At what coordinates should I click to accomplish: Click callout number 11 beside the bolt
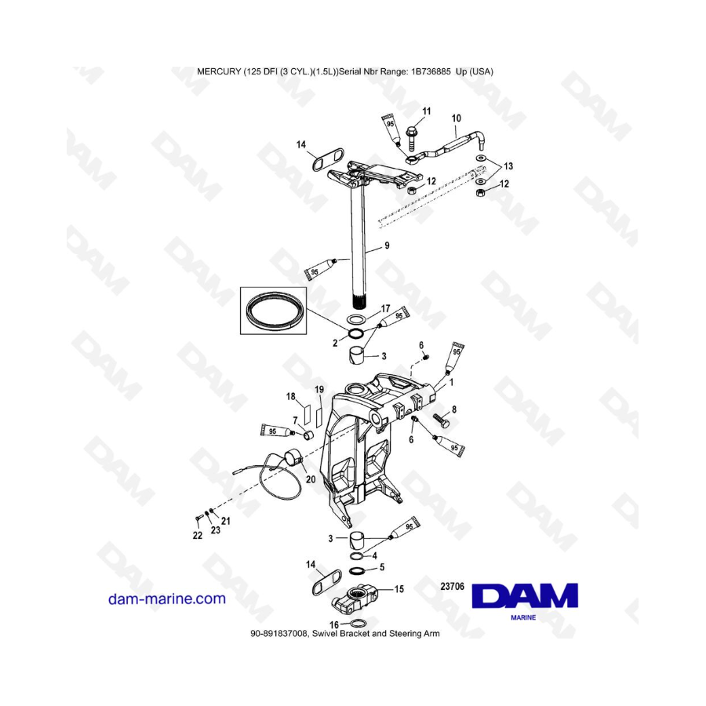[426, 111]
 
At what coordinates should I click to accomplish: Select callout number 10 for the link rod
[457, 119]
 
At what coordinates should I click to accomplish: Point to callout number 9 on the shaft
[386, 246]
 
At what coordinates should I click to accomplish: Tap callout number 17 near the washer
[385, 308]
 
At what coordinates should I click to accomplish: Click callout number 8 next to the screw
[453, 409]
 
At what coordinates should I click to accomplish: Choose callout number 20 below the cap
[311, 479]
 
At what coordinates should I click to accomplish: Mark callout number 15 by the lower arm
[398, 588]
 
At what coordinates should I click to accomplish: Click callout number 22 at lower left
[198, 536]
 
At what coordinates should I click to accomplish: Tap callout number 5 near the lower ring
[382, 566]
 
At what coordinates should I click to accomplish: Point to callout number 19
[319, 390]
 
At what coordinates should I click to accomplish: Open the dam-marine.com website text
[167, 599]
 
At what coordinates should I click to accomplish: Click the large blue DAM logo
[525, 596]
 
